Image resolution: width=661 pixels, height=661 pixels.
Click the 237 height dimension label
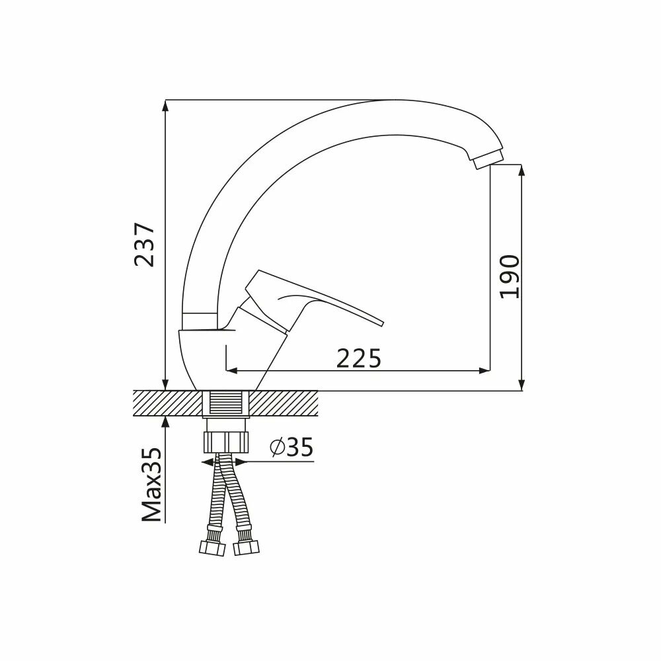144,245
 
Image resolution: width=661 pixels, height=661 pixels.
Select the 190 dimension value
509,276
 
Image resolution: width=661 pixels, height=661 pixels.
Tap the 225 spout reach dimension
358,358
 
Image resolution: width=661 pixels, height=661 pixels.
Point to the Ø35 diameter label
292,447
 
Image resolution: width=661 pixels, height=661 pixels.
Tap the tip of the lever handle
382,323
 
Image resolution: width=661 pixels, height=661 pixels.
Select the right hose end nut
247,548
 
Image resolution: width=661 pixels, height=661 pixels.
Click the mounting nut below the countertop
226,442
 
